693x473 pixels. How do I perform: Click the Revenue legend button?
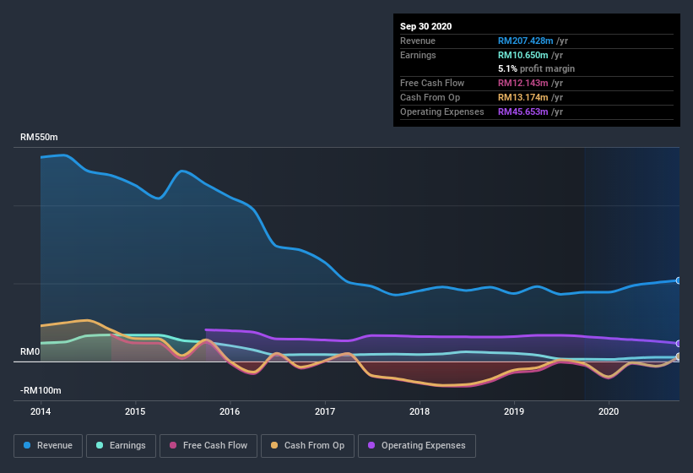[49, 445]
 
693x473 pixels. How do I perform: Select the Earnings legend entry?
[121, 445]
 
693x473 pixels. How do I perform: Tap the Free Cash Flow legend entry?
[208, 445]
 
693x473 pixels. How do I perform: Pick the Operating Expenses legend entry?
[416, 445]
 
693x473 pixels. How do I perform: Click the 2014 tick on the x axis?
[41, 411]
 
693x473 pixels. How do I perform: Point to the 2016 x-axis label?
[230, 411]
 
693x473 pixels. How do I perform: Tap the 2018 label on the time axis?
[419, 411]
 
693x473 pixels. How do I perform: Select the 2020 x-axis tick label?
[608, 411]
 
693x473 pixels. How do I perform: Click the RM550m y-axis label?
[40, 137]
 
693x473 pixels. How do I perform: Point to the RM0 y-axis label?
[31, 351]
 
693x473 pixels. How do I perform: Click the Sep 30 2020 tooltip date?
[425, 26]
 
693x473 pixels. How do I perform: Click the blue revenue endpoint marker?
[678, 280]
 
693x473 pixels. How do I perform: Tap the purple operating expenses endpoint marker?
[678, 344]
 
